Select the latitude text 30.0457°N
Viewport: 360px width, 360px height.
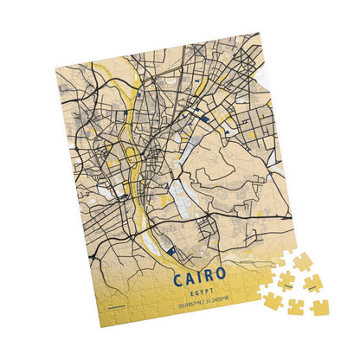click(192, 305)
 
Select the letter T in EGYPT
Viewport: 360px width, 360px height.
click(216, 296)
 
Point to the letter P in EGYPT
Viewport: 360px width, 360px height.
click(210, 295)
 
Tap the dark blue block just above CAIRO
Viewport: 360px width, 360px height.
click(171, 252)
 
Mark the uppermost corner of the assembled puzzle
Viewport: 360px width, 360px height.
click(258, 34)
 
